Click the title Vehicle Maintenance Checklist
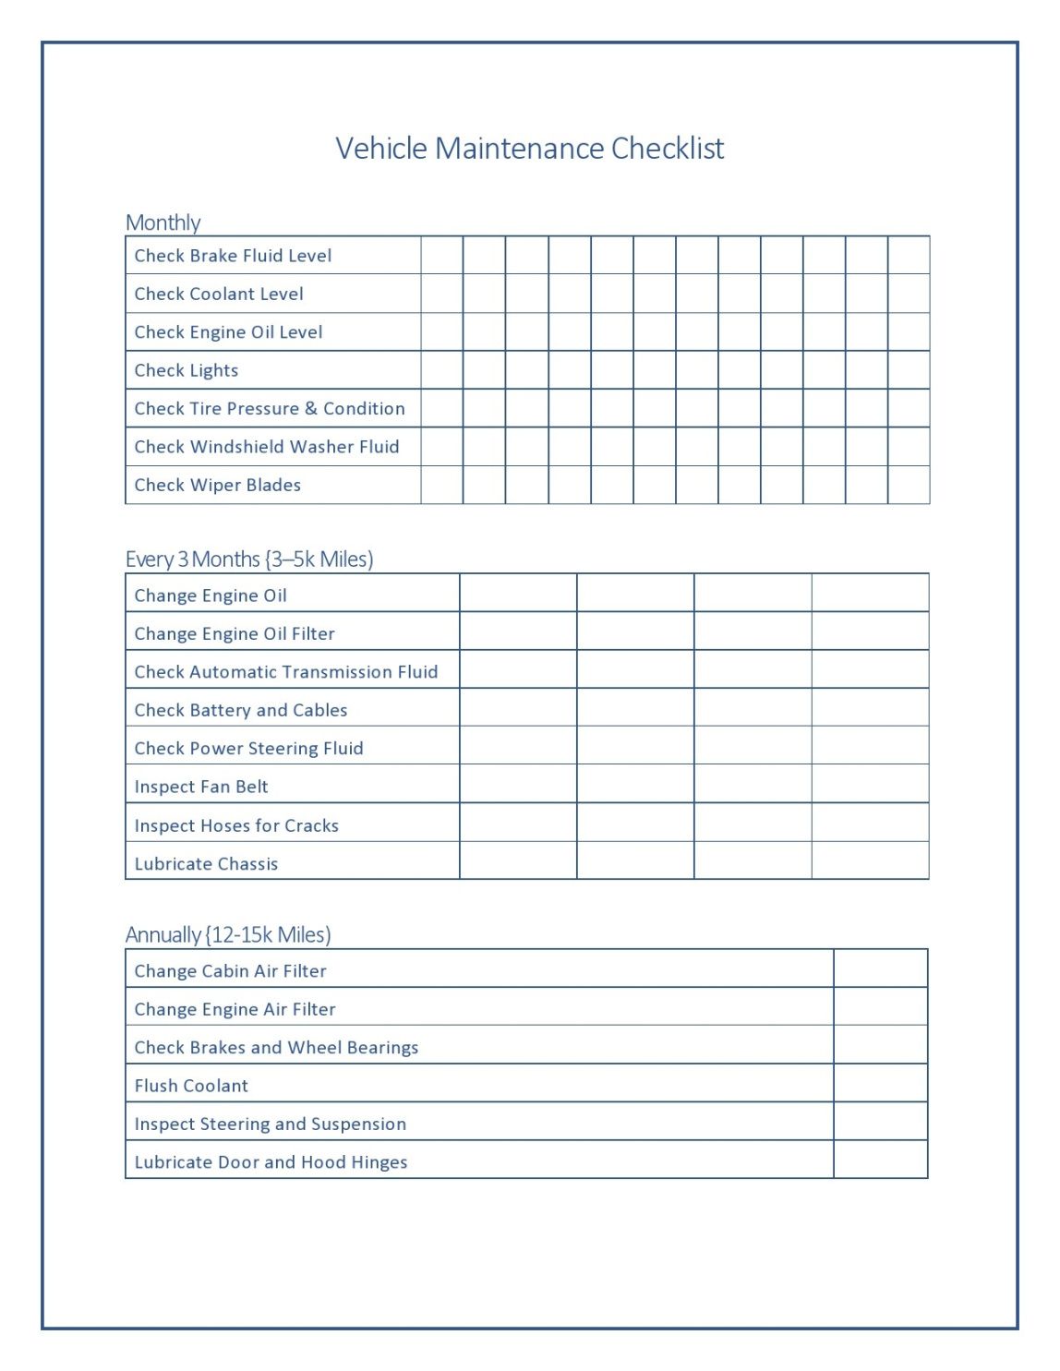coord(529,149)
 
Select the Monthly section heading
coord(163,222)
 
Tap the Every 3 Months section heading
coord(249,559)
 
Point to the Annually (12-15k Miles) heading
coord(228,934)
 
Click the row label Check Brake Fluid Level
coord(233,256)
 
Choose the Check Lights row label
coord(187,370)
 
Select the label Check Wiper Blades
coord(218,485)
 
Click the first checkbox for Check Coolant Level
coord(442,294)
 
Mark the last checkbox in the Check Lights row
coord(909,370)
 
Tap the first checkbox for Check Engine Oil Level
coord(442,332)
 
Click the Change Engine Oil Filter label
coord(235,633)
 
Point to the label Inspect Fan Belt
coord(201,787)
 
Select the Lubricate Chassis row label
coord(206,864)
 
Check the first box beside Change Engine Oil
coord(518,594)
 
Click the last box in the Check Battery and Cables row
coord(870,708)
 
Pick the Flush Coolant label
coord(191,1086)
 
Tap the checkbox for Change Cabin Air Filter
coord(880,969)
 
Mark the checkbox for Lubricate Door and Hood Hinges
coord(880,1161)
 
